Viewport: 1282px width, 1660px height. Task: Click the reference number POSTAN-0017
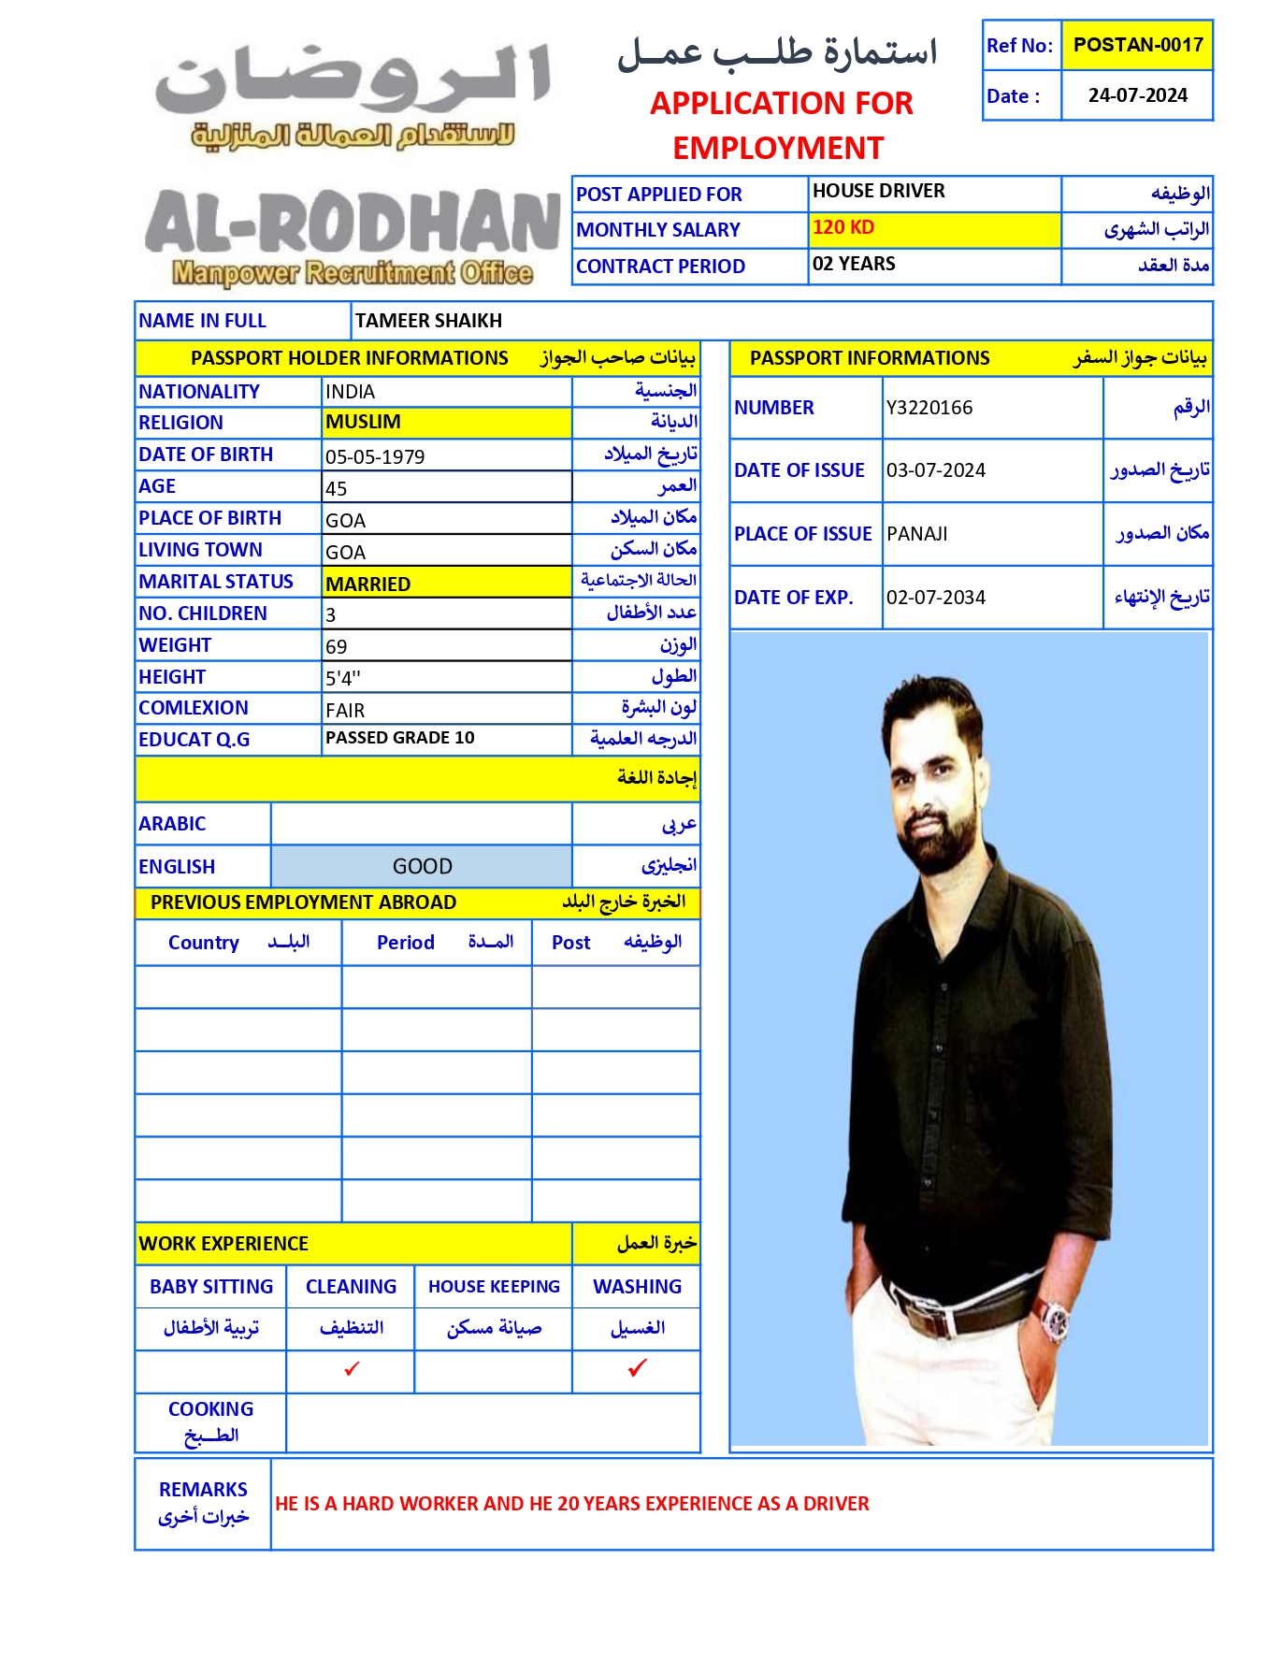[x=1137, y=45]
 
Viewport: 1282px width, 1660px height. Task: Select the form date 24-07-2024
[x=1137, y=95]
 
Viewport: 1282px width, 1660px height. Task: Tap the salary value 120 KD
[x=843, y=227]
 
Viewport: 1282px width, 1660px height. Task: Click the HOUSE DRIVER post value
[x=878, y=191]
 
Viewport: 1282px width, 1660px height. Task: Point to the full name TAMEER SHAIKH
[x=428, y=321]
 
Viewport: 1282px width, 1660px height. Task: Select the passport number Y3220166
[x=929, y=408]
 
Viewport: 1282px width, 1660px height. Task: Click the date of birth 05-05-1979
[x=375, y=456]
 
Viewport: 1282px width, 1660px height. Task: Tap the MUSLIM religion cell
[x=363, y=422]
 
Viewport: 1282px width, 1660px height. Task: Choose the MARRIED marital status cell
[x=367, y=584]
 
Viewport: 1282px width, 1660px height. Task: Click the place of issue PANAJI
[x=916, y=534]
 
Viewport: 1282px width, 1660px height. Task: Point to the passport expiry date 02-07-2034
[x=936, y=598]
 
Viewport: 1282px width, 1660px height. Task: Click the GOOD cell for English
[x=422, y=866]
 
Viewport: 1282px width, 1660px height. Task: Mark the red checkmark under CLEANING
[x=352, y=1369]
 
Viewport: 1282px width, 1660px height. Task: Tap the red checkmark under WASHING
[x=638, y=1368]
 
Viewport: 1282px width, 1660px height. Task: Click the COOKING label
[x=210, y=1408]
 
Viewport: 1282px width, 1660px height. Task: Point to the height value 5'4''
[x=343, y=678]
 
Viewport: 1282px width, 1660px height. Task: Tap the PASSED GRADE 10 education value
[x=399, y=738]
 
